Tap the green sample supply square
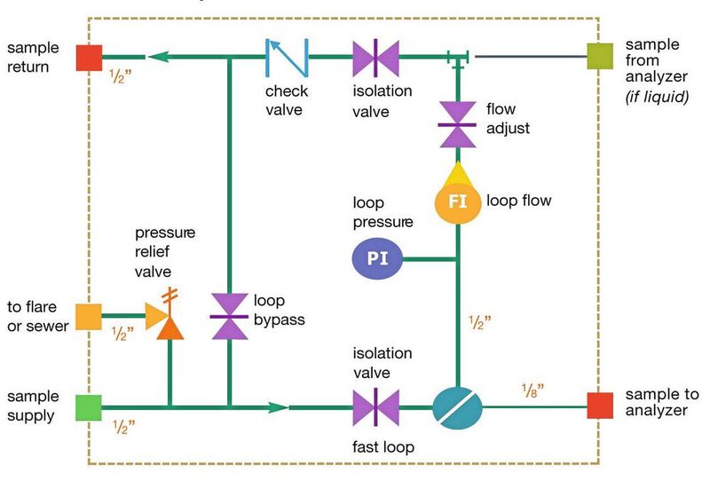88,408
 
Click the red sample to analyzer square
600,406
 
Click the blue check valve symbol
287,57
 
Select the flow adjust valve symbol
458,123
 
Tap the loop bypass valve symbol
229,316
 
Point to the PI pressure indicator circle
376,259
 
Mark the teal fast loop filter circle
457,407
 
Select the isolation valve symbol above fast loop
375,407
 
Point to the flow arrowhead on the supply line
278,407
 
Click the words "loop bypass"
279,310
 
